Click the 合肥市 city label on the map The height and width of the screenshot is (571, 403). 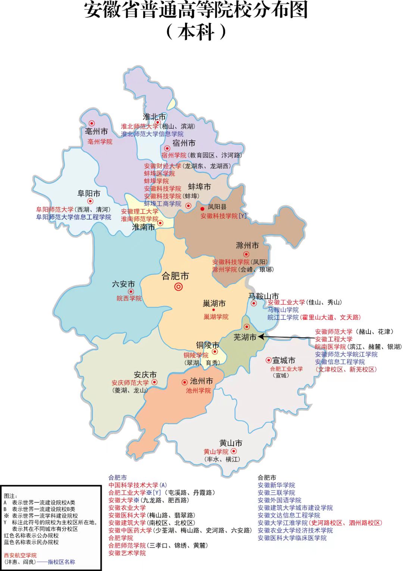[x=175, y=276]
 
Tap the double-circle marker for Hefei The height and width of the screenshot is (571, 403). [x=178, y=287]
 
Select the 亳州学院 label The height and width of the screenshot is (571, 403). [x=100, y=142]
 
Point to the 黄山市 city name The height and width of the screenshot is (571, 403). [x=231, y=443]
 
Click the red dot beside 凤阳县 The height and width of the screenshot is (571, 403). [x=202, y=209]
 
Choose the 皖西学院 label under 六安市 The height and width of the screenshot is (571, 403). [x=129, y=299]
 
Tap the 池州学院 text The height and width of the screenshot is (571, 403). [x=199, y=391]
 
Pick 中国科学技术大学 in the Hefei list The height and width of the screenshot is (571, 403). [x=133, y=485]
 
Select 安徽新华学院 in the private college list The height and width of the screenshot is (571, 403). [x=276, y=485]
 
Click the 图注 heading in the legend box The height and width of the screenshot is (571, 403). [x=10, y=496]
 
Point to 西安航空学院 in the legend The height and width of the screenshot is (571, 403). [x=20, y=555]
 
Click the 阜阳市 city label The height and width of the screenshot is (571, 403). [x=89, y=193]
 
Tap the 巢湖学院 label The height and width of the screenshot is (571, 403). [x=216, y=317]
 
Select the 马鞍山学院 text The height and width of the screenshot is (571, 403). [x=283, y=310]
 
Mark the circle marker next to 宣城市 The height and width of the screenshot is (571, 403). [x=268, y=360]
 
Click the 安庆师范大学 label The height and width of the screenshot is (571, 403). [x=130, y=383]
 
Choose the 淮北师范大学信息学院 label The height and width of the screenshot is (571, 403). [x=152, y=134]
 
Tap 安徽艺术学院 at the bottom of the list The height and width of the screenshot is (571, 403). [x=127, y=553]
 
